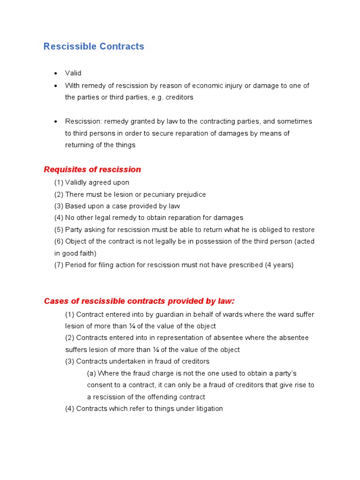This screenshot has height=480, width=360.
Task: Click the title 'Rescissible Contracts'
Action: click(x=94, y=46)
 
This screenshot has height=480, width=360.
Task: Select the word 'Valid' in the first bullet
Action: click(x=73, y=73)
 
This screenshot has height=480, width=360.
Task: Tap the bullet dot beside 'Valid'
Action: click(x=55, y=74)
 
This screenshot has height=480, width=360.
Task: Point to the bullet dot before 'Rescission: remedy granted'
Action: click(x=55, y=122)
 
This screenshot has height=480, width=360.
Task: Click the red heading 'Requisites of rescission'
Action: click(x=92, y=170)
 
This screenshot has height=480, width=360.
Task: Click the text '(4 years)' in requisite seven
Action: click(x=279, y=265)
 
